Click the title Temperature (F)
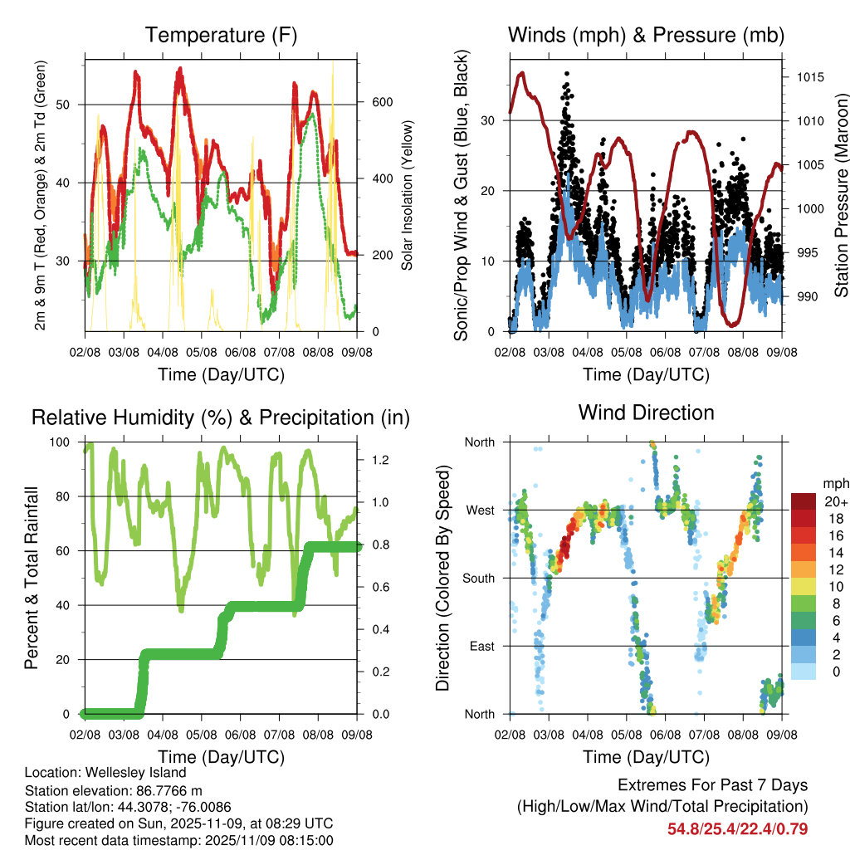tap(221, 35)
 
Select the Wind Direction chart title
tap(646, 412)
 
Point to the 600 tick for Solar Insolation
tap(381, 102)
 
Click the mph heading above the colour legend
tap(835, 483)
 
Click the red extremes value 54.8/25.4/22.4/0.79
tap(738, 828)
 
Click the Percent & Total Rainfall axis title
tap(31, 578)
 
